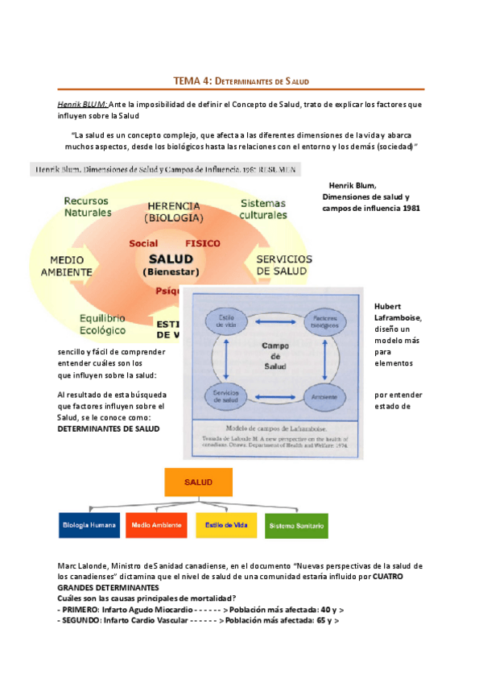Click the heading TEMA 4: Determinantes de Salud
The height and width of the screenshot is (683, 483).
click(x=242, y=81)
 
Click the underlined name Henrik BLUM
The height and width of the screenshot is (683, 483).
click(x=81, y=104)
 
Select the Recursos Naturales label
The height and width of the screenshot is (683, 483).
click(x=89, y=206)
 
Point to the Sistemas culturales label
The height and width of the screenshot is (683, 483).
click(x=263, y=209)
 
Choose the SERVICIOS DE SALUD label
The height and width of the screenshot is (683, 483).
click(x=283, y=265)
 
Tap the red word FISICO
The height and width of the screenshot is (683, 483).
click(x=203, y=242)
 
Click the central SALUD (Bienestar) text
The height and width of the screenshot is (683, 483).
click(x=170, y=264)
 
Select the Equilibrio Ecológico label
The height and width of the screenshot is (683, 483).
click(x=102, y=324)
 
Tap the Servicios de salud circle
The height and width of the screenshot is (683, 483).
click(x=225, y=395)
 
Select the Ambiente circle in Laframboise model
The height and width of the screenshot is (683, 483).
click(x=324, y=396)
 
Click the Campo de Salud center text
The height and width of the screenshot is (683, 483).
click(x=275, y=356)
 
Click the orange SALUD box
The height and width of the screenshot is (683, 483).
click(x=198, y=482)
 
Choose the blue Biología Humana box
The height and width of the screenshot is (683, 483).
click(x=89, y=526)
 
